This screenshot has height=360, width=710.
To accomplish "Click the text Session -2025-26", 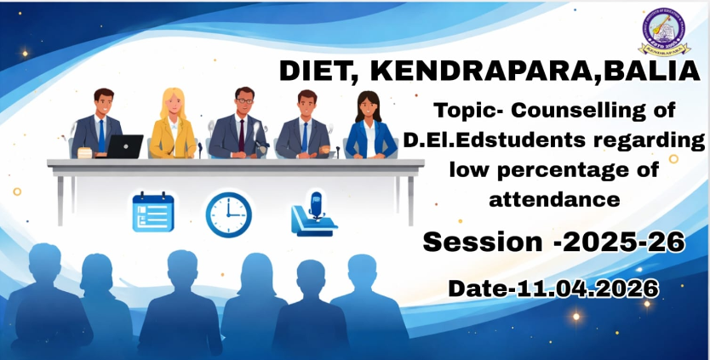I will [x=553, y=243].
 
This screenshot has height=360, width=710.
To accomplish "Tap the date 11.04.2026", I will [x=587, y=289].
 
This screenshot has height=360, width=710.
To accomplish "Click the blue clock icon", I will [x=228, y=214].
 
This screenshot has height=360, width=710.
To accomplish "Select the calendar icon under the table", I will [x=153, y=213].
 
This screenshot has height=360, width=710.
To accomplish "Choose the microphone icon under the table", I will [x=312, y=213].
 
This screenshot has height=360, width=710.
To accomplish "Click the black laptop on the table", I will [x=124, y=146].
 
